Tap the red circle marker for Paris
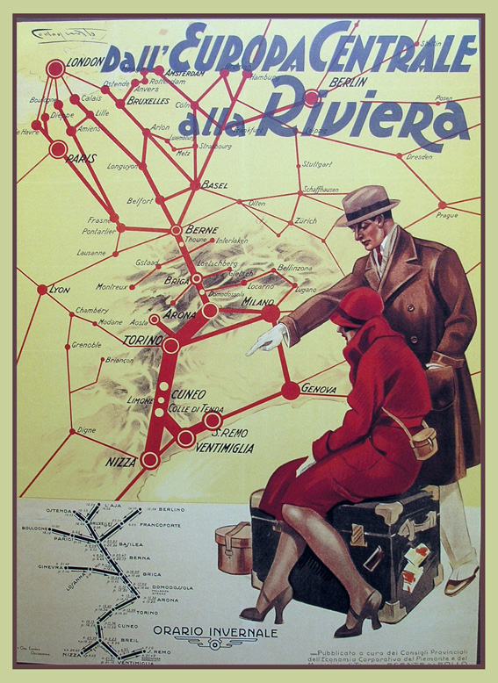tap(58, 149)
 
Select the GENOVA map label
tap(319, 388)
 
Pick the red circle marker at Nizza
tap(150, 458)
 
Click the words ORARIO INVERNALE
tap(215, 632)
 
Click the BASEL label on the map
tap(214, 185)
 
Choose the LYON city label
tap(60, 289)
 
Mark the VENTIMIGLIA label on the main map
tap(225, 448)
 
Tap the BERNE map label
tap(201, 228)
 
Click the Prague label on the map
tap(447, 215)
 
